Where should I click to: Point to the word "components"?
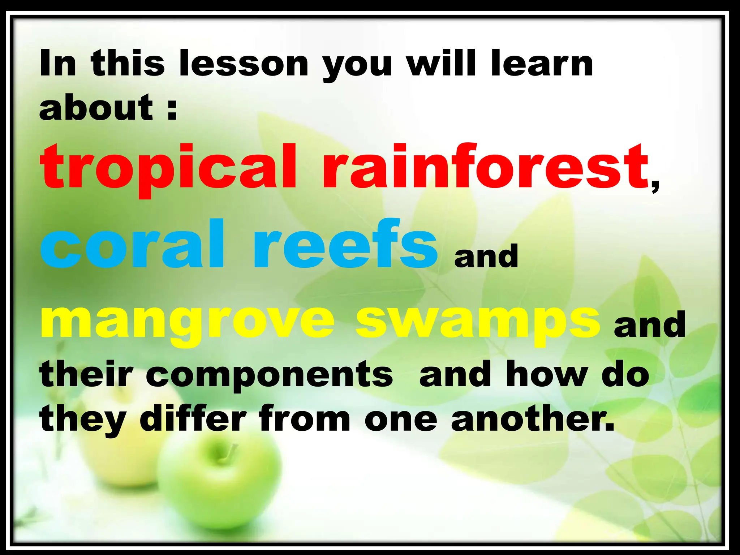[x=270, y=376]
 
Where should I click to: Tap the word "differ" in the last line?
[x=193, y=419]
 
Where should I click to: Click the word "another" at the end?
[x=533, y=419]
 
